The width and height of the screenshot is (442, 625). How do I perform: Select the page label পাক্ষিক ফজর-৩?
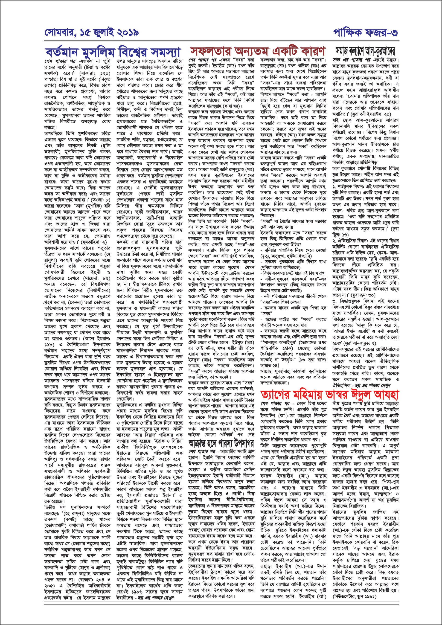[365, 33]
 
